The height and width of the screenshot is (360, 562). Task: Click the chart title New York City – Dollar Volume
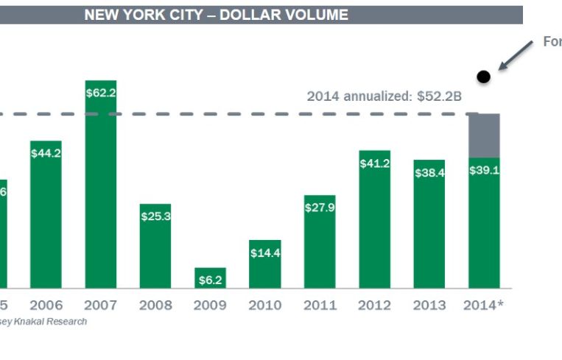click(x=216, y=15)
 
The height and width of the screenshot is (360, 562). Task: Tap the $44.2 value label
click(x=46, y=153)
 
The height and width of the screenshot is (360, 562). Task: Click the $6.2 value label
click(x=210, y=280)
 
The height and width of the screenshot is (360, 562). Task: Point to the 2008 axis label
click(x=155, y=305)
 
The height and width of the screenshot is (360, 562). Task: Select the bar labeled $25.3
click(x=155, y=250)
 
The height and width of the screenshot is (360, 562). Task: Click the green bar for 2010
click(x=264, y=269)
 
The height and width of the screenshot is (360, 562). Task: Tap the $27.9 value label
click(x=319, y=208)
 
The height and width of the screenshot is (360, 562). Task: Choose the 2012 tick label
click(x=374, y=305)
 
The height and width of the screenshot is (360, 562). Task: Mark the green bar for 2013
click(x=429, y=228)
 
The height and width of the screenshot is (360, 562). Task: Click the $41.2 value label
click(x=374, y=163)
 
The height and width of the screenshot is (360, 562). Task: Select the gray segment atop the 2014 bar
click(x=484, y=135)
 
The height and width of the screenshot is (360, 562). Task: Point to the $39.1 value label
click(x=484, y=170)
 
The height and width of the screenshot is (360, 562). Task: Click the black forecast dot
click(x=483, y=76)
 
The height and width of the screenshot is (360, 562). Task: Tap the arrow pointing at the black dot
click(x=515, y=56)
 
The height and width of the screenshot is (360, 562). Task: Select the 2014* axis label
click(x=484, y=305)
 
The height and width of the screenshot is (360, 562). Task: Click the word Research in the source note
click(x=68, y=322)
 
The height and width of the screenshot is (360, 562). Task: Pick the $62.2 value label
click(x=101, y=93)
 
